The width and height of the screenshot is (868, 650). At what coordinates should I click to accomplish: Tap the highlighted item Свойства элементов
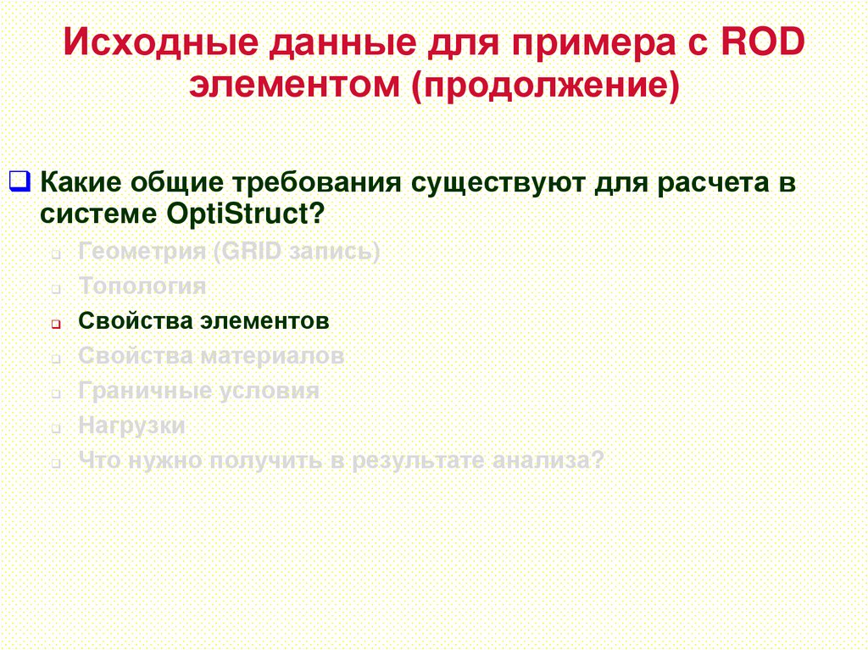pos(203,321)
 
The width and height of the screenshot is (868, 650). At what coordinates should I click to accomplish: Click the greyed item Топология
pos(142,286)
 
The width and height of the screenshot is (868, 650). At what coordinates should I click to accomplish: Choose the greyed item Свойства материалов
pos(211,356)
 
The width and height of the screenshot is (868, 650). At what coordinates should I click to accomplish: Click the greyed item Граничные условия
pos(198,391)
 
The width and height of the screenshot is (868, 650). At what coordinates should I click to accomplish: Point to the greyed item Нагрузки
pos(131,425)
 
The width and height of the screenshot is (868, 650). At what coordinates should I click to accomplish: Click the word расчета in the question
pos(714,182)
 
